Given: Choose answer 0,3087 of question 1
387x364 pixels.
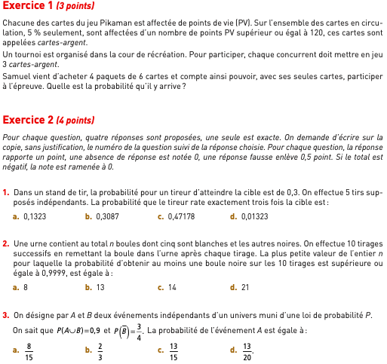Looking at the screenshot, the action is pos(107,216).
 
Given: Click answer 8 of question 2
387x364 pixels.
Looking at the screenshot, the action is pos(26,287).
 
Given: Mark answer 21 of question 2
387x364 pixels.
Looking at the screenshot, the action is pos(245,287).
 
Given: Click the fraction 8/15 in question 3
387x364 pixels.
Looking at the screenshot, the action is pos(29,350).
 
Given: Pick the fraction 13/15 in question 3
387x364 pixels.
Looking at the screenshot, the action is pos(174,350).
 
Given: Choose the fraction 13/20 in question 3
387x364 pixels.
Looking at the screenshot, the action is pos(246,350).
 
